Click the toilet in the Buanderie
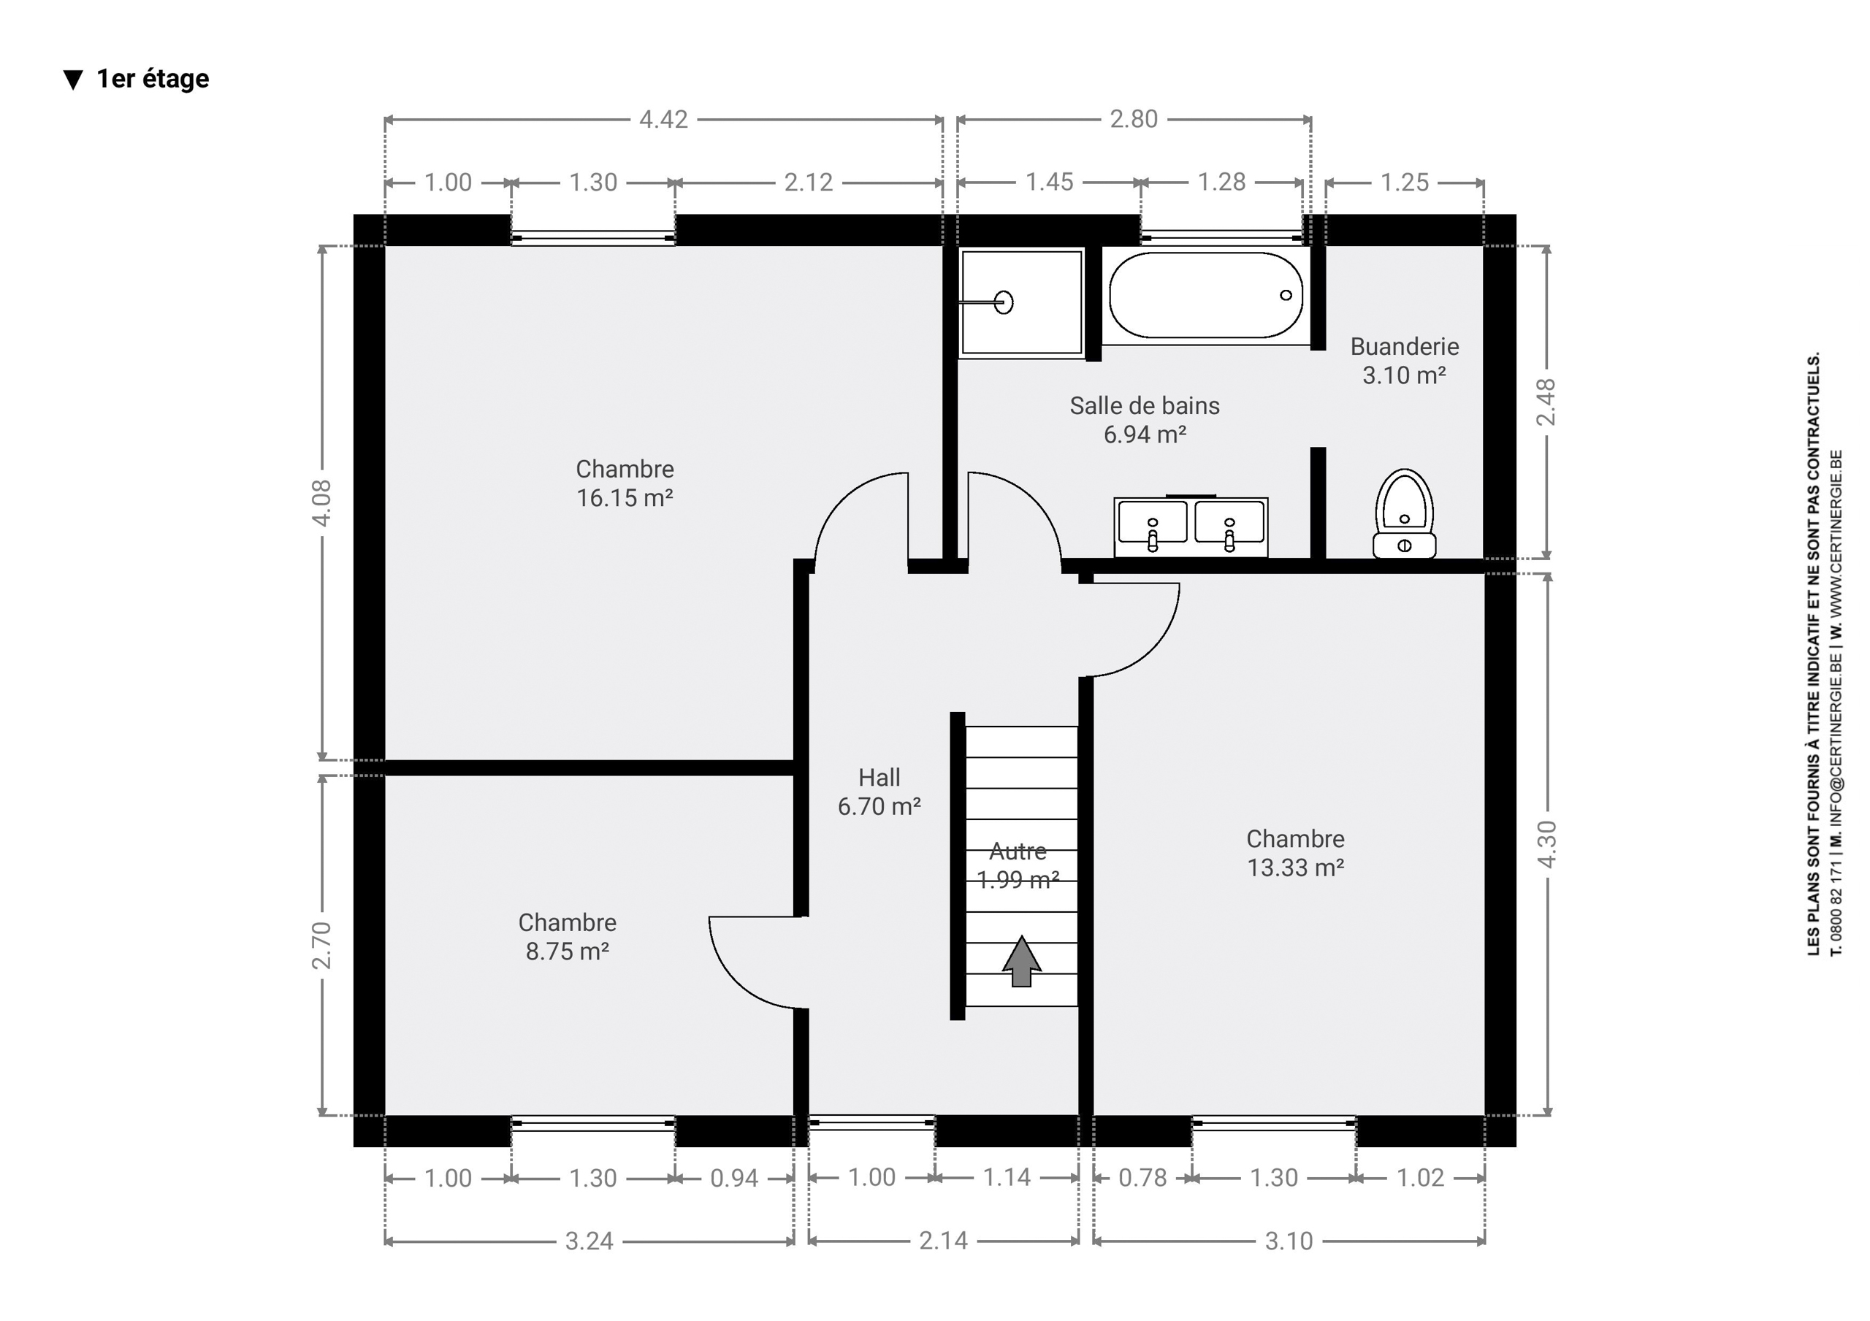[x=1404, y=513]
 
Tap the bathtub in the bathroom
[x=1205, y=296]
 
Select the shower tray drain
[x=1004, y=302]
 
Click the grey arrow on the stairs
[x=1021, y=962]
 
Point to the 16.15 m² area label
[x=625, y=497]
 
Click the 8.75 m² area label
[x=568, y=951]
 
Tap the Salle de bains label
[x=1145, y=405]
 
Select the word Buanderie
[x=1404, y=346]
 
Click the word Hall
[x=879, y=777]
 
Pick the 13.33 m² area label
[x=1295, y=868]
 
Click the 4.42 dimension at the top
[x=663, y=120]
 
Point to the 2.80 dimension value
[x=1133, y=119]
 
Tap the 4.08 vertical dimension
[x=323, y=502]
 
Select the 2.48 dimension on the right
[x=1546, y=402]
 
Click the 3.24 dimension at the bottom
[x=589, y=1241]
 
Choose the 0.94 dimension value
[x=734, y=1179]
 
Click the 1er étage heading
[x=153, y=79]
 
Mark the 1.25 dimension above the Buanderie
[x=1404, y=182]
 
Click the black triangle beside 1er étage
[x=73, y=80]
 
